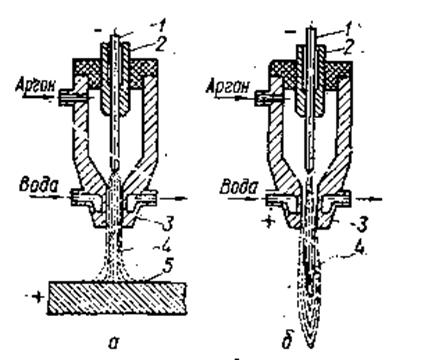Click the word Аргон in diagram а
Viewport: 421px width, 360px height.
[35, 86]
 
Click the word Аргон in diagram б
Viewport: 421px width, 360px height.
[228, 87]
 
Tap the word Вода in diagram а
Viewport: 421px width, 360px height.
[38, 186]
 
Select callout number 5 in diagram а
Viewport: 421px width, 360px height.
[168, 266]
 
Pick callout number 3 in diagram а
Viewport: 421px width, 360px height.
[167, 224]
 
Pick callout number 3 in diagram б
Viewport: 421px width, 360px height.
[362, 224]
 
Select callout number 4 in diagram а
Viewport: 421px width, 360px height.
[166, 248]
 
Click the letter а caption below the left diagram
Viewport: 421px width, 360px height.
[113, 342]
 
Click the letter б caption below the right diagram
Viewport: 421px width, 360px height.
[287, 341]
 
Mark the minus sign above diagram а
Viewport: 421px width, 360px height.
[99, 31]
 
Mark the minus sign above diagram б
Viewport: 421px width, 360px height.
[291, 31]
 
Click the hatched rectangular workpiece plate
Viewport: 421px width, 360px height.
[117, 298]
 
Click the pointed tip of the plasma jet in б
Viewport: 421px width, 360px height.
[310, 348]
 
